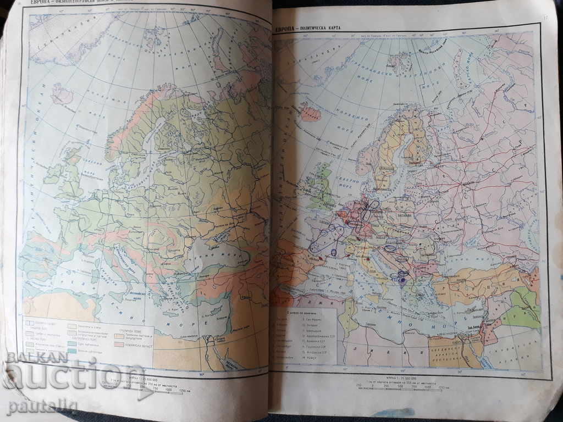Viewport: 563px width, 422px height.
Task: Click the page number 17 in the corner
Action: [544, 18]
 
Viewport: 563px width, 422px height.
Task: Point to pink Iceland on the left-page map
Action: [62, 95]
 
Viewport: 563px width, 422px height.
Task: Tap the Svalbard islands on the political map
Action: [400, 61]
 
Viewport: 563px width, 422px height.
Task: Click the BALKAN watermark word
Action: [37, 357]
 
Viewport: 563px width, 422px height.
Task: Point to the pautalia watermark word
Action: [43, 407]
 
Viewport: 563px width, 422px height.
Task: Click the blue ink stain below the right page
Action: [392, 413]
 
